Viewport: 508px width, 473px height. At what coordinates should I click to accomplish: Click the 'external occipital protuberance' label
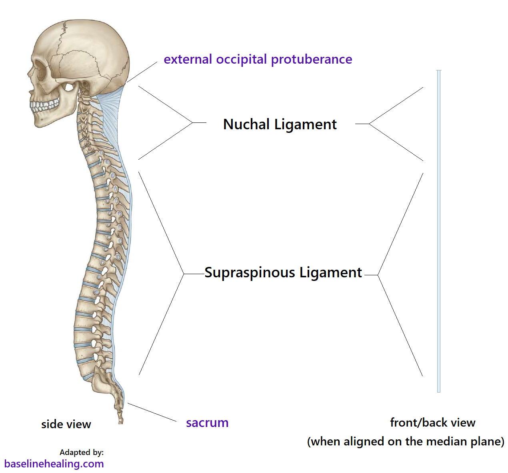pyautogui.click(x=258, y=59)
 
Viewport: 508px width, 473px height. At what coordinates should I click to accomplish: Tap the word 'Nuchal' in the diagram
pyautogui.click(x=246, y=124)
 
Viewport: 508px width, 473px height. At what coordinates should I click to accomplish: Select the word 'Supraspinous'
pyautogui.click(x=250, y=273)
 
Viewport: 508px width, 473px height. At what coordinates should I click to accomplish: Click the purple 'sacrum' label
pyautogui.click(x=207, y=423)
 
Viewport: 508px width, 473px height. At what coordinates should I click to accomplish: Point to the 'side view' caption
pyautogui.click(x=66, y=424)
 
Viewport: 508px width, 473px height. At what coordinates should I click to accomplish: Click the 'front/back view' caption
pyautogui.click(x=432, y=423)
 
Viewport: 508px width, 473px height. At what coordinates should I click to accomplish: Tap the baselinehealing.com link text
pyautogui.click(x=54, y=464)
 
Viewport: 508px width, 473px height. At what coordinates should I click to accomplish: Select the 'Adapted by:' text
pyautogui.click(x=82, y=452)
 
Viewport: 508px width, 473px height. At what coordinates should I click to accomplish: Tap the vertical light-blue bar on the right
pyautogui.click(x=439, y=231)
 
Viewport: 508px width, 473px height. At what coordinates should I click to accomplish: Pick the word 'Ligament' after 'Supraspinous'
pyautogui.click(x=331, y=273)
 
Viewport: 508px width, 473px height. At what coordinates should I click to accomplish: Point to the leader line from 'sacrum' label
pyautogui.click(x=152, y=413)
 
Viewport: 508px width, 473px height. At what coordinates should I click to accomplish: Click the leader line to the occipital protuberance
pyautogui.click(x=142, y=72)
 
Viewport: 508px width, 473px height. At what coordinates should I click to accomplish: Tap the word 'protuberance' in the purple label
pyautogui.click(x=312, y=59)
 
